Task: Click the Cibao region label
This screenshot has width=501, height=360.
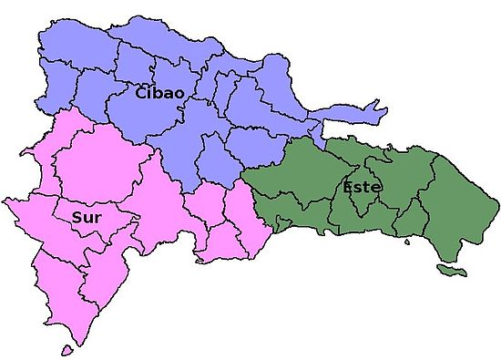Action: (x=160, y=92)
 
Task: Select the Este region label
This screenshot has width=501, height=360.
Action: (x=362, y=187)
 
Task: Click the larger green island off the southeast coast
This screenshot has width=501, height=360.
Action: (x=449, y=271)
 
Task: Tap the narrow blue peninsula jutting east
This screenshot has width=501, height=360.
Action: (x=342, y=118)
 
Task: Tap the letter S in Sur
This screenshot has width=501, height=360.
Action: (x=76, y=218)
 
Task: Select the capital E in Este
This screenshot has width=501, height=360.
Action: (x=348, y=187)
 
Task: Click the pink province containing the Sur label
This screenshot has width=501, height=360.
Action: (x=91, y=223)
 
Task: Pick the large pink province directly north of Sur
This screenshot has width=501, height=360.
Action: (x=100, y=164)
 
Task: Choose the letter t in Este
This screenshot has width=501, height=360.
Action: (x=368, y=187)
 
